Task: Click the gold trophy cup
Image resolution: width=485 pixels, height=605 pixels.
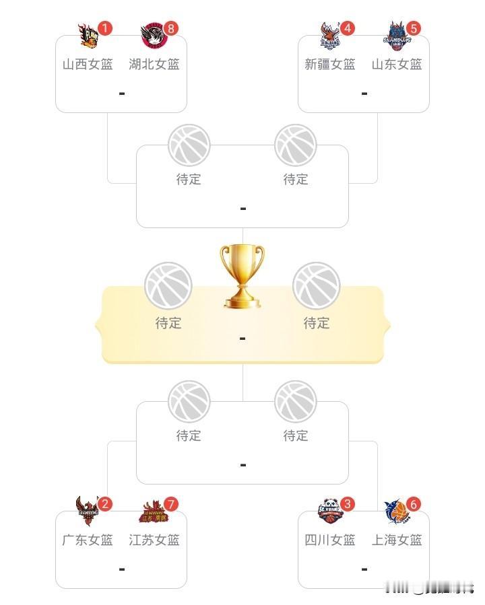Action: point(242,276)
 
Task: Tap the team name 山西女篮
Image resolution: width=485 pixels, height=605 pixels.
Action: point(88,65)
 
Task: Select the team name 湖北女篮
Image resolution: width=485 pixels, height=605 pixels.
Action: point(154,65)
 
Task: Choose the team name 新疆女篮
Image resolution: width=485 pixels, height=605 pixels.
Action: point(330,65)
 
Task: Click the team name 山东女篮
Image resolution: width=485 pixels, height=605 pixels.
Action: point(397,65)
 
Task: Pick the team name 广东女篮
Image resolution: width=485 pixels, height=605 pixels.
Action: point(88,540)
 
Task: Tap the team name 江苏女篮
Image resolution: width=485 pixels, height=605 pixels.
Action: point(154,540)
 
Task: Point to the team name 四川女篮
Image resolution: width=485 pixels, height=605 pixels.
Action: point(330,540)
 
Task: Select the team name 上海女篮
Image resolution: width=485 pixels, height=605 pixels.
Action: point(397,540)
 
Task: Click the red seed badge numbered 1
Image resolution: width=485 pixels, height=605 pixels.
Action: point(105,28)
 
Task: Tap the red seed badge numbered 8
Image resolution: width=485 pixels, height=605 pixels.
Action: point(172,28)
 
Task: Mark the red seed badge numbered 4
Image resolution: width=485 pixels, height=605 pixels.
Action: point(348,28)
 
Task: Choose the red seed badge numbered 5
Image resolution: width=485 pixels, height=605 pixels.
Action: point(414,28)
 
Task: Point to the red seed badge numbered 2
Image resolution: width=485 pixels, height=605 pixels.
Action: point(105,503)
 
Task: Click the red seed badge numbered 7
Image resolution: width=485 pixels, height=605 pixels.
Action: point(172,503)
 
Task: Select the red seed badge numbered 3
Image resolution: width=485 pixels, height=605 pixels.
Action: point(348,503)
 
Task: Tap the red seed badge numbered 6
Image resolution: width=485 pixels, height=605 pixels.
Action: point(414,503)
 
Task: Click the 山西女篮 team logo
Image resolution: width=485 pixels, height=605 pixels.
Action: point(89,38)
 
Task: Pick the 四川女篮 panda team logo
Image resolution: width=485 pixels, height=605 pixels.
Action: point(331,512)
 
